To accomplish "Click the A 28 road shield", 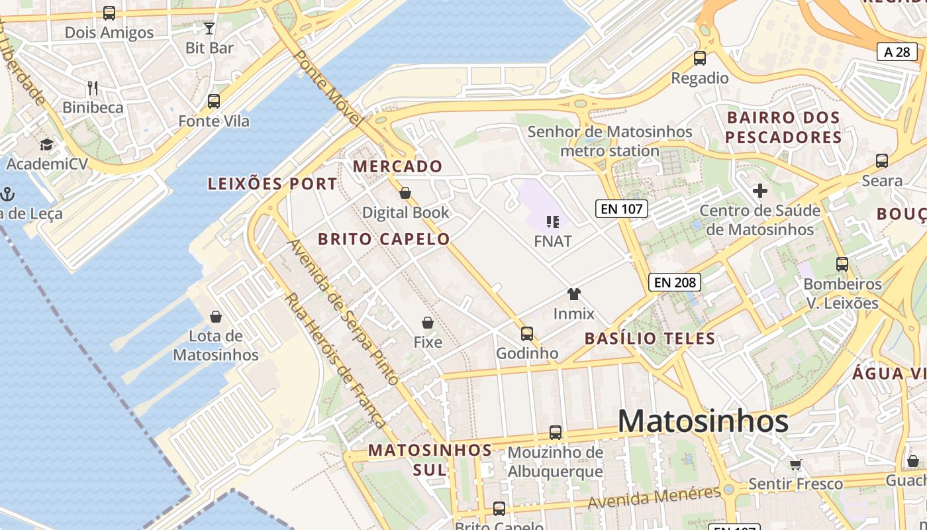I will tap(897, 52).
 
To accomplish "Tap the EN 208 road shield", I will tap(675, 282).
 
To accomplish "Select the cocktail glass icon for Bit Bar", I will tap(209, 28).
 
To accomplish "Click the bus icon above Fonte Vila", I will tap(213, 101).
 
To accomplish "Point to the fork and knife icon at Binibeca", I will tap(93, 87).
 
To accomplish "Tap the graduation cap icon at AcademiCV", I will tap(46, 144).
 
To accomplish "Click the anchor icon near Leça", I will tap(8, 194).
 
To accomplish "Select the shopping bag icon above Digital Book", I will tap(405, 193).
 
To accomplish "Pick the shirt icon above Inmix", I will tap(573, 293).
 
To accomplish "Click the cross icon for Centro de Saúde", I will tap(760, 191).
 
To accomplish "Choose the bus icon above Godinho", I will tap(527, 333).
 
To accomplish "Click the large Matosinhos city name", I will tap(703, 421).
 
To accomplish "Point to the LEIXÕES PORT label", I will tap(273, 184).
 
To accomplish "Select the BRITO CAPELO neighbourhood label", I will tap(384, 239).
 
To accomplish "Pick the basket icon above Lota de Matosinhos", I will tap(215, 316).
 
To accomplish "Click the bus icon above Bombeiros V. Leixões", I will tap(842, 264).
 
